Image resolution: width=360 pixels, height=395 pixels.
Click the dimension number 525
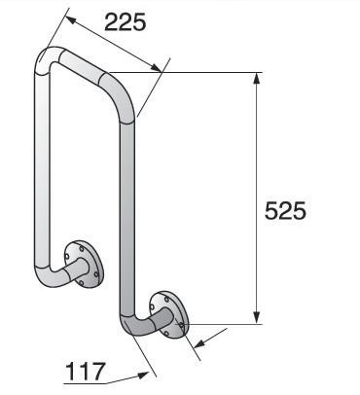click(x=285, y=211)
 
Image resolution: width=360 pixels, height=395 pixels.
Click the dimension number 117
click(x=87, y=371)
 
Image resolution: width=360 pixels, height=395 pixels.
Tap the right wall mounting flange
click(x=172, y=312)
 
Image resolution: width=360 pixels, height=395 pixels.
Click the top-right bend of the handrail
click(x=124, y=97)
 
